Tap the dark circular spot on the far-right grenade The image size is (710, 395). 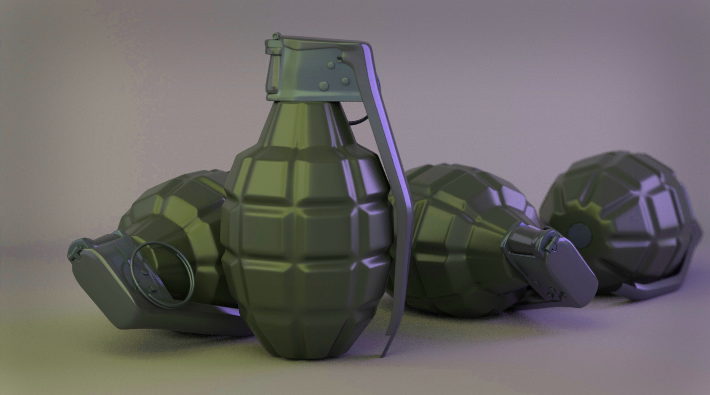click(580, 233)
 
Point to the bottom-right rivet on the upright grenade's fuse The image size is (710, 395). click(345, 81)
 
